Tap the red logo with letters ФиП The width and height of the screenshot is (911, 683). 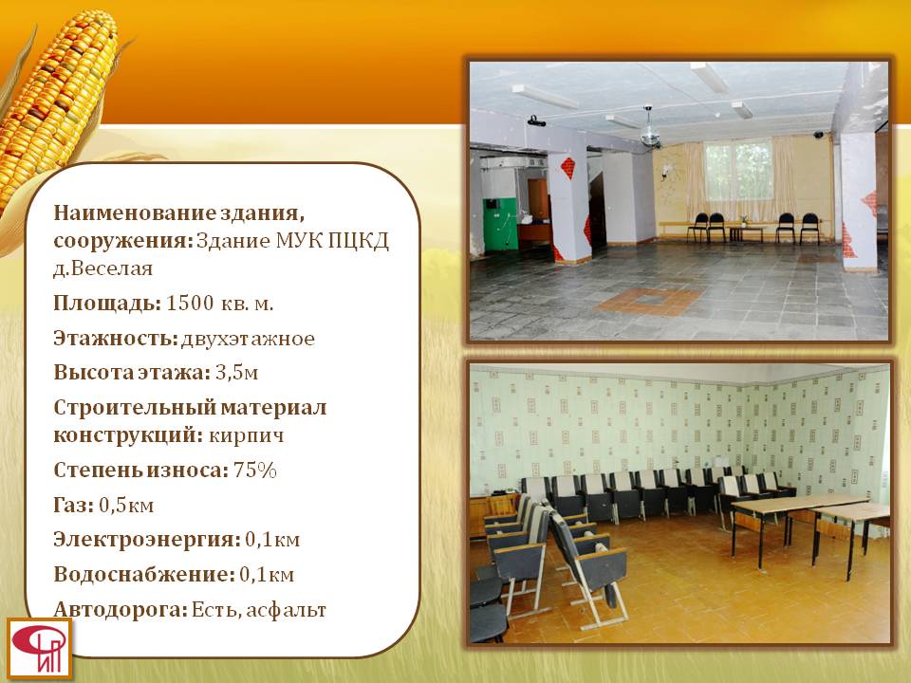click(39, 649)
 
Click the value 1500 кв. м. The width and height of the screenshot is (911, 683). click(219, 304)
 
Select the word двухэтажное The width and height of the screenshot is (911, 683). click(248, 338)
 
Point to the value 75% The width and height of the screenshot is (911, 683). click(254, 470)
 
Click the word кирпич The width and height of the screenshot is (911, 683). click(247, 435)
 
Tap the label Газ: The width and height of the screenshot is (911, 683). click(73, 505)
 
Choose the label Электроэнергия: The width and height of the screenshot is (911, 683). click(147, 540)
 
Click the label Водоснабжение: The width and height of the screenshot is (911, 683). click(144, 575)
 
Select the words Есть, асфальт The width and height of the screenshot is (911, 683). click(258, 610)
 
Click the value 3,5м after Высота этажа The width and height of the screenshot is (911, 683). click(236, 372)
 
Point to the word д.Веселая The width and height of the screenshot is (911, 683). click(102, 268)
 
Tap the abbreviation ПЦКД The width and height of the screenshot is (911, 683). click(358, 240)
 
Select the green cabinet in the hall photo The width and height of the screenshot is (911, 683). click(500, 224)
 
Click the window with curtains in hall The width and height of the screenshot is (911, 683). click(738, 173)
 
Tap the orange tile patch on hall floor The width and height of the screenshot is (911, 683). click(648, 302)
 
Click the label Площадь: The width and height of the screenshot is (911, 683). click(107, 304)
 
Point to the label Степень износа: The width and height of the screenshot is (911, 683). click(141, 470)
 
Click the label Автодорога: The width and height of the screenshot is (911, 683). click(121, 610)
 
